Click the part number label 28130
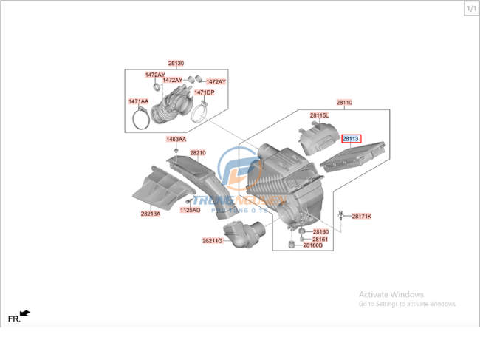pos(176,64)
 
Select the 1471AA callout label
pos(138,101)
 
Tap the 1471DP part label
pos(204,92)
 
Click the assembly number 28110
pos(344,103)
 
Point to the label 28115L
pos(319,116)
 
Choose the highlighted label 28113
pos(350,138)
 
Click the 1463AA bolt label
pos(176,139)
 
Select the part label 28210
pos(197,153)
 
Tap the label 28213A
pos(150,214)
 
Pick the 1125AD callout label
pos(190,210)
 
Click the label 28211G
pos(212,240)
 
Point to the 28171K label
pos(361,217)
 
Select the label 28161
pos(320,240)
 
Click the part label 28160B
pos(312,245)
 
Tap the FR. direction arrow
pos(25,315)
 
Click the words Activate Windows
pos(391,294)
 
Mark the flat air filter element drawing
pos(354,155)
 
